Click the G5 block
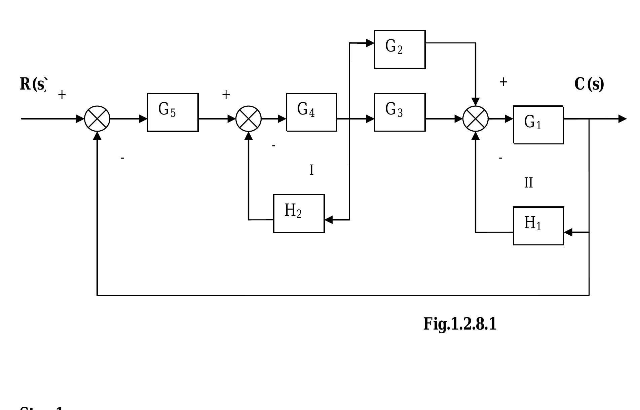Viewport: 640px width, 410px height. tap(173, 112)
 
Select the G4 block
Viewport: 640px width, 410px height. tap(311, 112)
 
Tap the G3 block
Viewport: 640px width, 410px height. tap(400, 112)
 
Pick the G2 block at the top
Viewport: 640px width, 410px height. tap(400, 49)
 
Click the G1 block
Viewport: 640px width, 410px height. tap(538, 125)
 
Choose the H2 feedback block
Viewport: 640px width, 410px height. tap(299, 213)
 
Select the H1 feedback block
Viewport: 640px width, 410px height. tap(538, 226)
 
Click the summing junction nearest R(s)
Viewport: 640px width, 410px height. tap(97, 119)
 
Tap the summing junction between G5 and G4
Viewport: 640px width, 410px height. tap(249, 119)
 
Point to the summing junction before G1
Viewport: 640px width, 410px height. tap(476, 119)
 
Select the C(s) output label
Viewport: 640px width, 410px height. tap(589, 84)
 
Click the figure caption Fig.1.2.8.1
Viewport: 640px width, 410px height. tap(460, 324)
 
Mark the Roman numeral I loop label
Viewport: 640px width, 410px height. tap(311, 170)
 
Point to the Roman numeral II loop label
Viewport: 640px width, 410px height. tap(528, 183)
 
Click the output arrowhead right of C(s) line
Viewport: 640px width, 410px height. tap(623, 119)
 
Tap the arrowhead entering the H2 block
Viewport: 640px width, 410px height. tap(329, 220)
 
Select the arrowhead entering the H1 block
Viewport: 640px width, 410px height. tap(568, 232)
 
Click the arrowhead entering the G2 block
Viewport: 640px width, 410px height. tap(370, 43)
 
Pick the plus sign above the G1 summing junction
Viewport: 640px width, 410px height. tap(503, 82)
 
